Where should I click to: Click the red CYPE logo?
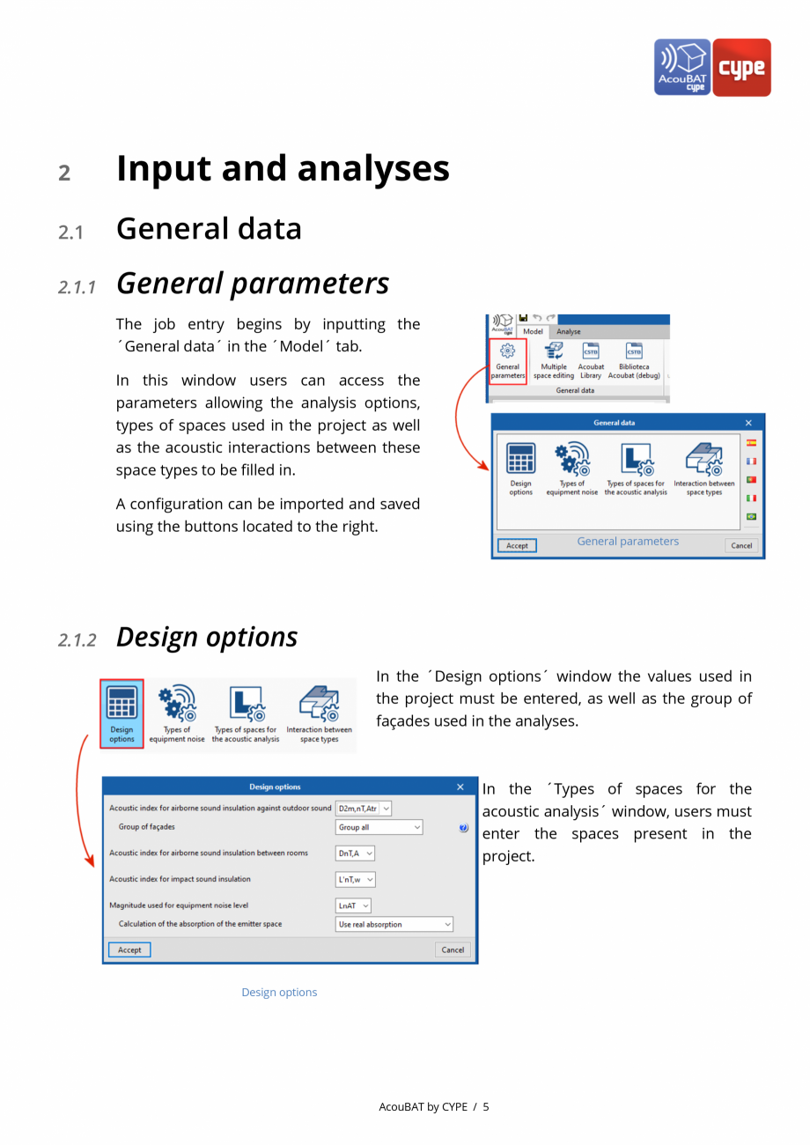741,67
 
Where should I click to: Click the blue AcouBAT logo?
683,67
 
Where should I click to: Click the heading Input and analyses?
283,169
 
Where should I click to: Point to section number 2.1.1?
77,286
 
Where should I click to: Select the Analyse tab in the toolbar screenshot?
569,332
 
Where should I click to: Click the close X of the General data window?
748,423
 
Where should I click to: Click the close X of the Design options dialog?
460,787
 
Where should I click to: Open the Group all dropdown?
379,828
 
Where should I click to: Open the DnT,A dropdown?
356,853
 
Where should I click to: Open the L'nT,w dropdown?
356,879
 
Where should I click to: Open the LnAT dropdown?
354,905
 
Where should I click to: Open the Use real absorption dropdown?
394,925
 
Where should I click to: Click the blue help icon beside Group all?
464,828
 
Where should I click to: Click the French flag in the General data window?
751,462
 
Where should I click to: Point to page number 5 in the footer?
486,1107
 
